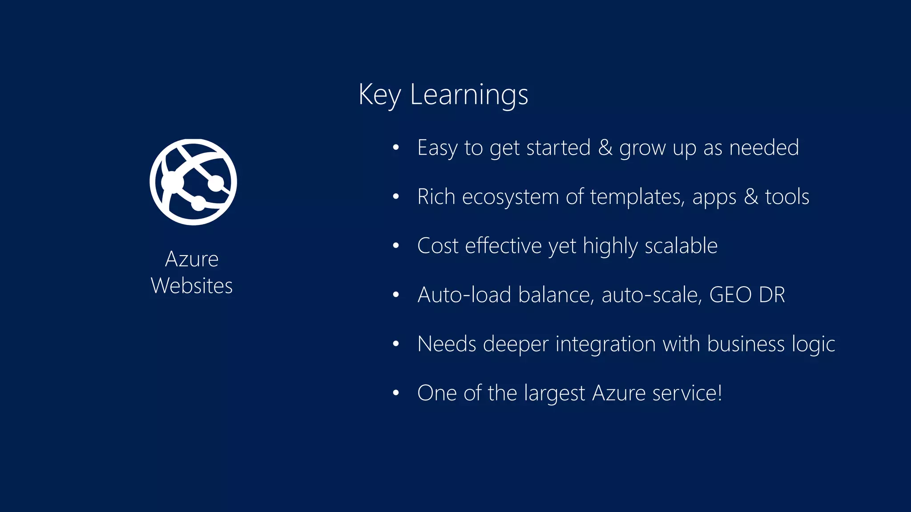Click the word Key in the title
coord(379,95)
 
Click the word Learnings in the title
coord(469,95)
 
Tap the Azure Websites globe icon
coord(193,182)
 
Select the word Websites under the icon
coord(192,285)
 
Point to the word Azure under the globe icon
coord(192,259)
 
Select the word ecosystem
coord(510,197)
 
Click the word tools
coord(787,197)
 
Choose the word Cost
coord(438,246)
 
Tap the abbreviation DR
coord(772,295)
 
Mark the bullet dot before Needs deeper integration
coord(396,344)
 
